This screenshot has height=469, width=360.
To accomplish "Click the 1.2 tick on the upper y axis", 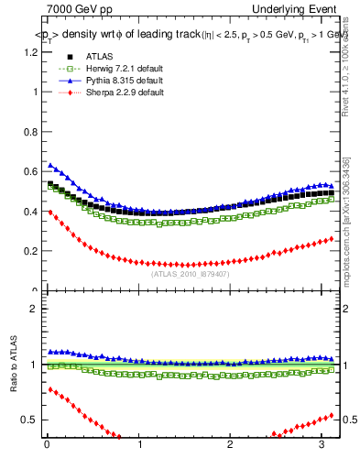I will (31, 52).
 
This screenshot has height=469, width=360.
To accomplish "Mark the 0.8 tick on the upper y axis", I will (31, 132).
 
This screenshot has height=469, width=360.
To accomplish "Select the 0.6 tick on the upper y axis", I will (31, 171).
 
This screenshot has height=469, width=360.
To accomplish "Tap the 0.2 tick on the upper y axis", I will (31, 251).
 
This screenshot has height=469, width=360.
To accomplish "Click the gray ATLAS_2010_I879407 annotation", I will (189, 273).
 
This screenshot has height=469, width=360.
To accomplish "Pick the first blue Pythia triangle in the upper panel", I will (50, 165).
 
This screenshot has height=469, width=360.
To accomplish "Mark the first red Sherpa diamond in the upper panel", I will (50, 212).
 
